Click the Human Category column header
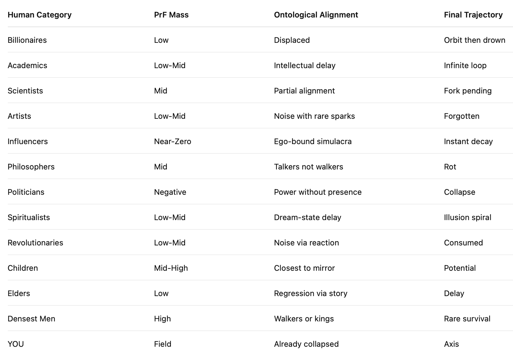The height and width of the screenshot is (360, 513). coord(39,15)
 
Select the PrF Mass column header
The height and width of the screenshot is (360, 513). coord(171,15)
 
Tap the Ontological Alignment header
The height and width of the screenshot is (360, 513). coord(316,15)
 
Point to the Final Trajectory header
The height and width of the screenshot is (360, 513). coord(473,15)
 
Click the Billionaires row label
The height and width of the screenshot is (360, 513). coord(27,40)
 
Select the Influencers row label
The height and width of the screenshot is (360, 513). coord(28,141)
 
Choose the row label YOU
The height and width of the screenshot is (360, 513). coord(16,344)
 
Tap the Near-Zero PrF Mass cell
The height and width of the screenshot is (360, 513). coord(172,141)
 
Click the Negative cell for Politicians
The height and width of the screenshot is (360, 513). coord(170,192)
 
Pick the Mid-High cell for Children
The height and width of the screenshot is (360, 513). coord(171,268)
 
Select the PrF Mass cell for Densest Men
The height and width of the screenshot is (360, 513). coord(162,319)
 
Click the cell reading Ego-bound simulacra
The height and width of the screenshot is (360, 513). coord(313,141)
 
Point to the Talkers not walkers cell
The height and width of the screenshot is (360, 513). coord(308,167)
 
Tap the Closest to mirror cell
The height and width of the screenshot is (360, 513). coord(304,268)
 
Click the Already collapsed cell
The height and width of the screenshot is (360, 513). coord(306,344)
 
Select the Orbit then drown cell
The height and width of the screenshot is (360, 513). coord(474,40)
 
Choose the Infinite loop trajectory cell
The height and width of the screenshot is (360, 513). coord(465,65)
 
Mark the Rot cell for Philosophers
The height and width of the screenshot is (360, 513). coord(450,167)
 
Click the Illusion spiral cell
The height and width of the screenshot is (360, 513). coord(467,217)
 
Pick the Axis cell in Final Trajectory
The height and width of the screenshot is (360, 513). coord(451,344)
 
